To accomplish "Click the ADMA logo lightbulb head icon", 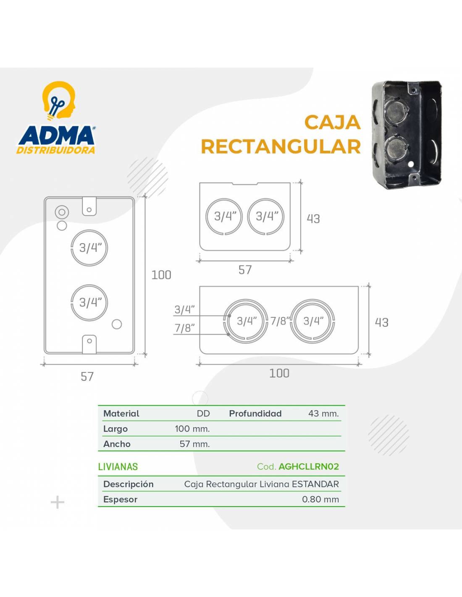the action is point(59,101).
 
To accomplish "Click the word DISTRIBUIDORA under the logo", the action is point(56,150).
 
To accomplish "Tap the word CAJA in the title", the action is point(333,122).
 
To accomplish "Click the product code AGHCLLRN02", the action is point(309,466).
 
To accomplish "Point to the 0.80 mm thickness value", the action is point(320,499).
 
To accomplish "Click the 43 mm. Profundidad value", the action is point(323,414).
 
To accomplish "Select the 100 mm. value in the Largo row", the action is point(192,429).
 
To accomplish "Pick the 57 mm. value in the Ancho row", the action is point(194,444).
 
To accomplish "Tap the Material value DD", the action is point(203,414).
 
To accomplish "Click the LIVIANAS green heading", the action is point(118,467).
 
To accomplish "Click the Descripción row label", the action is point(129,484).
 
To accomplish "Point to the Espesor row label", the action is point(120,500).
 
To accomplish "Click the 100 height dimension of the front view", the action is point(161,275).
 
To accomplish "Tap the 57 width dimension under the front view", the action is point(87,377).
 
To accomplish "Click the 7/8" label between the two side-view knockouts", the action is point(280,321).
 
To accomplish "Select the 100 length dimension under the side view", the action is point(279,373).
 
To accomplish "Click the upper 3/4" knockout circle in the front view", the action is point(89,230).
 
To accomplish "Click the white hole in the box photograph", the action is point(411,164).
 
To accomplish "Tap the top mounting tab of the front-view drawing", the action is point(89,206).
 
